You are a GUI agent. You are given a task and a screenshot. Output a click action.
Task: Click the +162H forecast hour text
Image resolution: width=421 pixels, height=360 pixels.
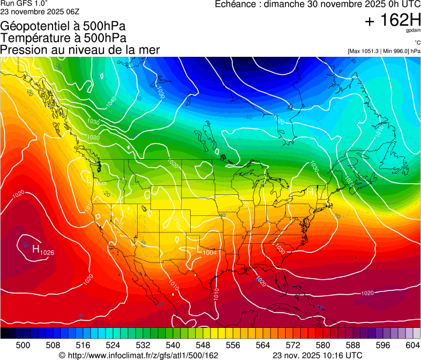click(393, 21)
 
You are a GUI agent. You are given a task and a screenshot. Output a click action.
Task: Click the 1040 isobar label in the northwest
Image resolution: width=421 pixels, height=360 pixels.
click(111, 101)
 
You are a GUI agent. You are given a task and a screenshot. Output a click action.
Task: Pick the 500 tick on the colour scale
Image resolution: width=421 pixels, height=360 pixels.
click(22, 346)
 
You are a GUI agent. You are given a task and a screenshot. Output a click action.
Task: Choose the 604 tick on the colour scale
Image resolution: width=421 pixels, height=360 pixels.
click(412, 346)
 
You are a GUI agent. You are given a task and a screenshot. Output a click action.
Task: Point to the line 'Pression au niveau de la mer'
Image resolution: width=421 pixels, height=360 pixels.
click(80, 50)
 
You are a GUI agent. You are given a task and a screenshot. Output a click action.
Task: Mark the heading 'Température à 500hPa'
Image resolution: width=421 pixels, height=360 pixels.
click(63, 37)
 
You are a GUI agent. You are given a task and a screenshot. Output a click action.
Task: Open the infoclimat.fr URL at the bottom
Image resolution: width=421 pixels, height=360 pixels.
click(138, 355)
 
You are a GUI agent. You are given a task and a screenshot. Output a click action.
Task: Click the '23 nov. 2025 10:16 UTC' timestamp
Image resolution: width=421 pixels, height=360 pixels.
click(317, 355)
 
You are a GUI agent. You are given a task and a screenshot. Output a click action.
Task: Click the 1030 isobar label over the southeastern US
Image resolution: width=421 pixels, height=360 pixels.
click(280, 249)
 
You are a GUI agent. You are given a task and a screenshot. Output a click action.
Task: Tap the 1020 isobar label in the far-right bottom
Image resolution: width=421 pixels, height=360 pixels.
click(367, 293)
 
